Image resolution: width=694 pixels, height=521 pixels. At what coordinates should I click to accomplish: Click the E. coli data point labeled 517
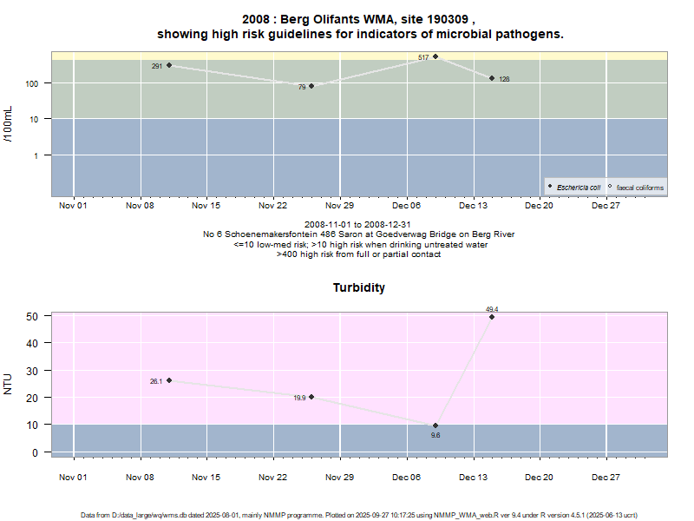[x=435, y=57]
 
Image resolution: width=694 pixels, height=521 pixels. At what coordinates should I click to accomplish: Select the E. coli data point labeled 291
[x=169, y=66]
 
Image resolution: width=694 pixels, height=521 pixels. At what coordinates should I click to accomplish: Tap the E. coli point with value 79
[x=311, y=86]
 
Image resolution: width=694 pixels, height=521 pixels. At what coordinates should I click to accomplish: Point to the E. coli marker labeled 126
[x=492, y=78]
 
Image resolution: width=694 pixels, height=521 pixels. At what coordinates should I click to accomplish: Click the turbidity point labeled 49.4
[x=492, y=317]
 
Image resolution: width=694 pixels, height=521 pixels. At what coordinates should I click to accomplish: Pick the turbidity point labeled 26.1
[x=169, y=380]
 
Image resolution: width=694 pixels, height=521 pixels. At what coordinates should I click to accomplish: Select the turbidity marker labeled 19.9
[x=311, y=397]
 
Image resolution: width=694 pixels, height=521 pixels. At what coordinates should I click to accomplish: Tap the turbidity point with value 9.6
[x=435, y=425]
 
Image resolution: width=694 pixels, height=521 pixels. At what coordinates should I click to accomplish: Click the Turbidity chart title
[x=359, y=287]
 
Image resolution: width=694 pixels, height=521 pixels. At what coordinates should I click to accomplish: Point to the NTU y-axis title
[x=9, y=383]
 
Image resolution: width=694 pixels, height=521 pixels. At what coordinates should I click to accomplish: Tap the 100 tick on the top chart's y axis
[x=37, y=83]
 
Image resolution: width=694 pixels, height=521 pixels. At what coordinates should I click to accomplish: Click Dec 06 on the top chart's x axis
[x=406, y=206]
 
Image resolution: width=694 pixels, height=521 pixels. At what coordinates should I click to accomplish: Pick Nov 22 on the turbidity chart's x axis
[x=273, y=477]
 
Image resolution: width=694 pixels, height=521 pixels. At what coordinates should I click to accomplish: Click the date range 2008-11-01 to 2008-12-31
[x=358, y=225]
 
